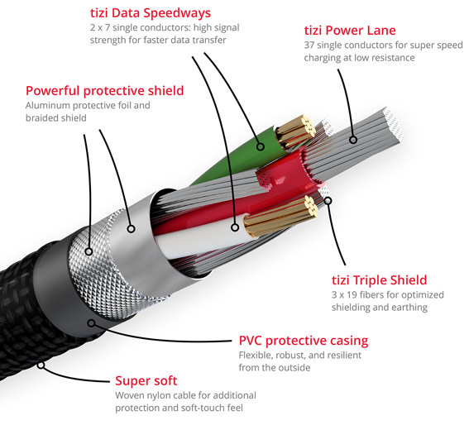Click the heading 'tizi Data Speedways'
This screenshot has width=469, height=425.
[x=151, y=13]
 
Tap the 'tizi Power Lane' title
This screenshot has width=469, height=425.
[x=350, y=31]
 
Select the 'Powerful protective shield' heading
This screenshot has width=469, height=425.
[x=105, y=91]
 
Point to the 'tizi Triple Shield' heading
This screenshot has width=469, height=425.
[x=380, y=280]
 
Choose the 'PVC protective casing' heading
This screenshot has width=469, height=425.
[x=304, y=341]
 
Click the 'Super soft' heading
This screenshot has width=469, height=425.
[x=146, y=380]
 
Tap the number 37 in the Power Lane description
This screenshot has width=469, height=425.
[x=309, y=45]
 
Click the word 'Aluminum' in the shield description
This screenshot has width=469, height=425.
[x=47, y=105]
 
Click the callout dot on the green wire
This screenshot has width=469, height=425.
[x=261, y=146]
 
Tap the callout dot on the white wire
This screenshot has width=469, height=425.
[x=235, y=227]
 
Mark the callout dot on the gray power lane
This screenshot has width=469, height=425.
[x=353, y=140]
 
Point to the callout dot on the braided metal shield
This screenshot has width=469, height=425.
[x=89, y=251]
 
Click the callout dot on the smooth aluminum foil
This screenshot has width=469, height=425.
[x=131, y=229]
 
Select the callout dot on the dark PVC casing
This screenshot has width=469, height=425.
[x=92, y=323]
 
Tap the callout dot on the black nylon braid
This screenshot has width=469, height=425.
[x=41, y=365]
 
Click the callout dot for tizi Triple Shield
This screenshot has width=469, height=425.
[x=328, y=201]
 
